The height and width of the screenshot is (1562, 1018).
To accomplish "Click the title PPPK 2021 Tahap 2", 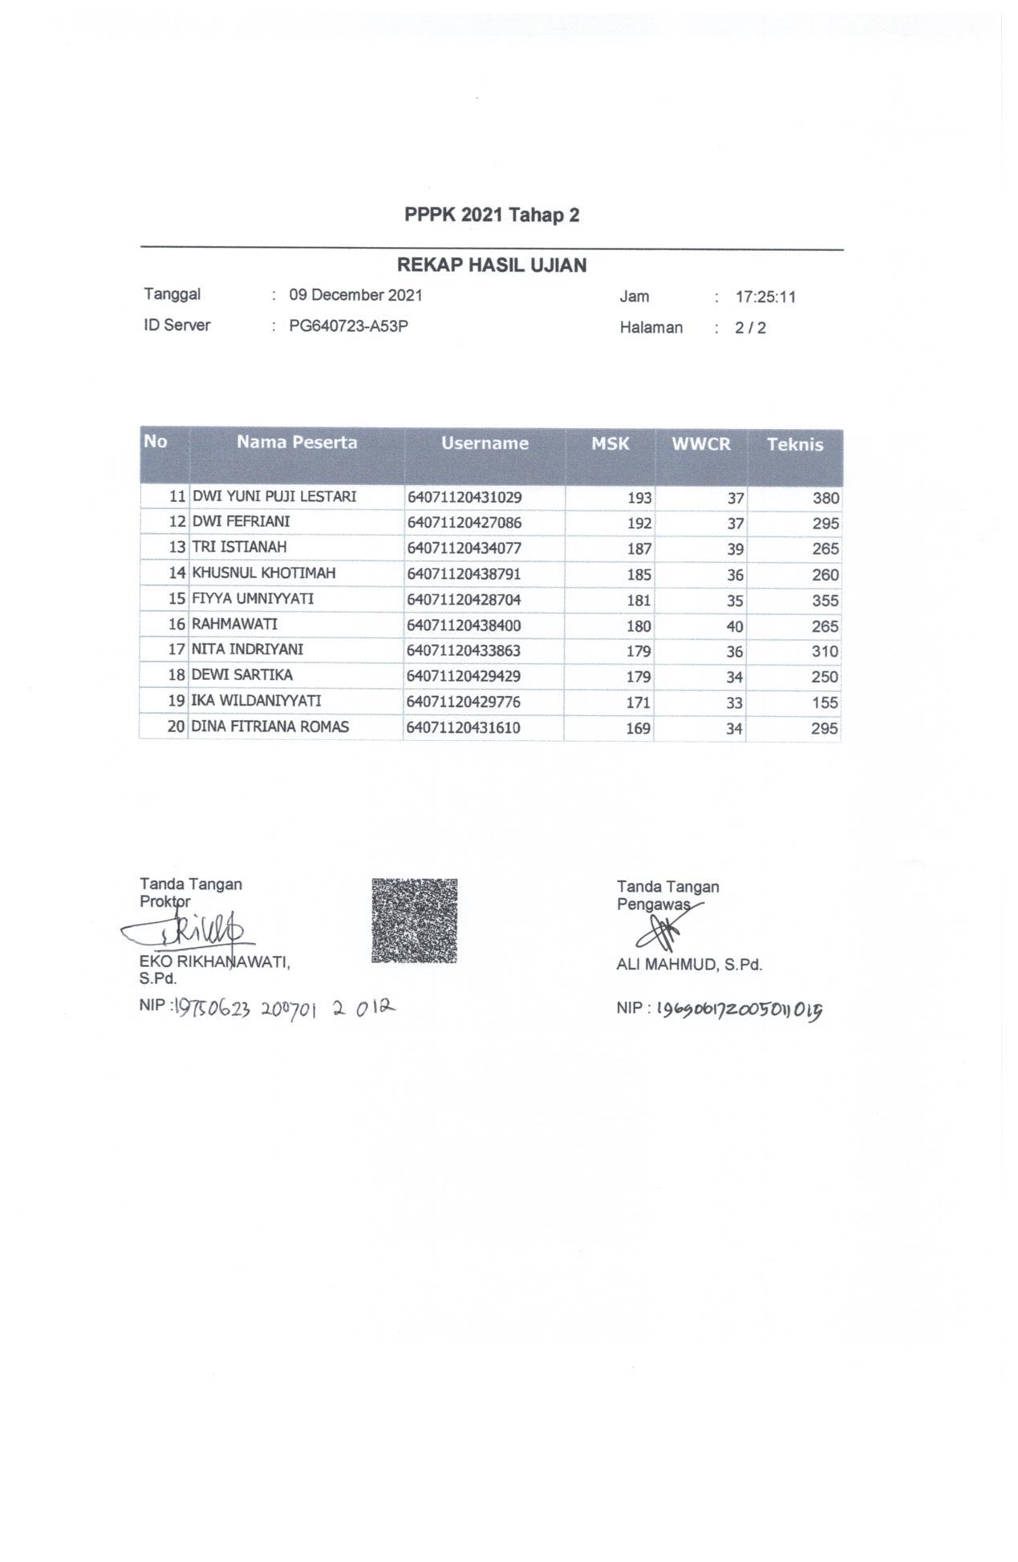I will coord(492,215).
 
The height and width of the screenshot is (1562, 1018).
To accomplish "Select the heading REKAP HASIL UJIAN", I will coord(492,265).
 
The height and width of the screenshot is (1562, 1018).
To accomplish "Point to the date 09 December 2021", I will coord(355,295).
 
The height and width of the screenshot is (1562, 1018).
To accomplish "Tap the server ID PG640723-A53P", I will coord(348,326).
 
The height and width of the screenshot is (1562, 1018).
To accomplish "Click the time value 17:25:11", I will coord(765,297).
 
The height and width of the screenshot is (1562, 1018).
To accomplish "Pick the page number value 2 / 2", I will coord(750,328).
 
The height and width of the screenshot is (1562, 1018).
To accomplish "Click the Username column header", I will coord(485,443).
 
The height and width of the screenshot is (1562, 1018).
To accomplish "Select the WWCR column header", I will coord(701,444).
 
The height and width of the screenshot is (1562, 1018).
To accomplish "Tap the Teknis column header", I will coord(795,445).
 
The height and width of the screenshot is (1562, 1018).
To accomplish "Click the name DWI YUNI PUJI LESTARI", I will coord(274,496).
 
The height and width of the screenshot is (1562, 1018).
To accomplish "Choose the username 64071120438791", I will coord(464,574).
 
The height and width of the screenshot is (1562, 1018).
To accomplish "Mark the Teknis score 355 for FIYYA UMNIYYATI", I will coord(825,601).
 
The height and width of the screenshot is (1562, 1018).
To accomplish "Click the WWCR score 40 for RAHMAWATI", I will coord(734,626).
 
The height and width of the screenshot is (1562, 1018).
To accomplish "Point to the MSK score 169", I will coord(638,729).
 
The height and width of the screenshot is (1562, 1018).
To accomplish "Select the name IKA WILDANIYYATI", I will coord(256,701).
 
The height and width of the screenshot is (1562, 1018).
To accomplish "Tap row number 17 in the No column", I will coord(176,649).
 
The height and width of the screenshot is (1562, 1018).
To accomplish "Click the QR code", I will coord(414,921).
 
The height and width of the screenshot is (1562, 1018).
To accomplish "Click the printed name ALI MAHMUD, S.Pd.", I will coord(689,965).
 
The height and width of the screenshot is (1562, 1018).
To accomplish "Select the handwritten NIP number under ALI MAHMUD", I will coord(740,1010).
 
